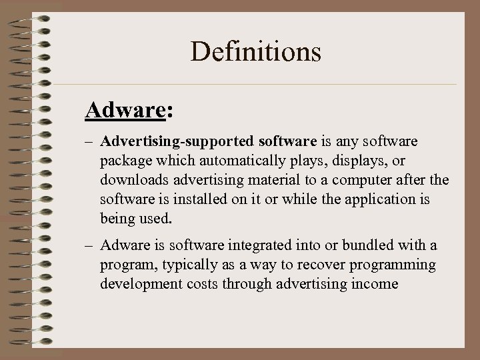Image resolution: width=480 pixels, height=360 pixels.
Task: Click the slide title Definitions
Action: pyautogui.click(x=256, y=51)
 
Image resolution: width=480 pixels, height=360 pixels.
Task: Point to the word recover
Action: pyautogui.click(x=307, y=266)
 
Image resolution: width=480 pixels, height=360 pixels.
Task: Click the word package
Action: pyautogui.click(x=125, y=161)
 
